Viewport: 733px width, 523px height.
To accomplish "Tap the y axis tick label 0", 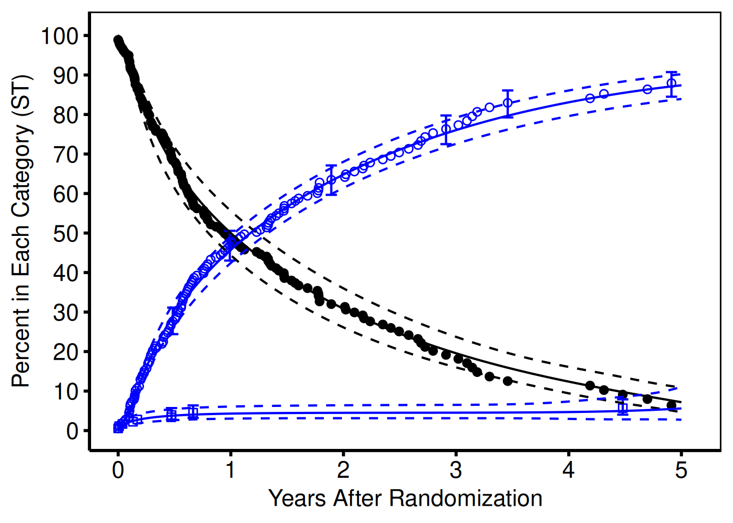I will (73, 431).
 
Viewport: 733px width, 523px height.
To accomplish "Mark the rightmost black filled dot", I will (671, 405).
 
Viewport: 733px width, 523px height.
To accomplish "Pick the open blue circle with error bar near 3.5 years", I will (508, 103).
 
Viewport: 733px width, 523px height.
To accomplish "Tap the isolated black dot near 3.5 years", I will (508, 381).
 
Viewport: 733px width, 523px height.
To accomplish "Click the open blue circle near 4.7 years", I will (647, 89).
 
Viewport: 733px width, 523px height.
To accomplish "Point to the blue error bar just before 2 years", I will (331, 179).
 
